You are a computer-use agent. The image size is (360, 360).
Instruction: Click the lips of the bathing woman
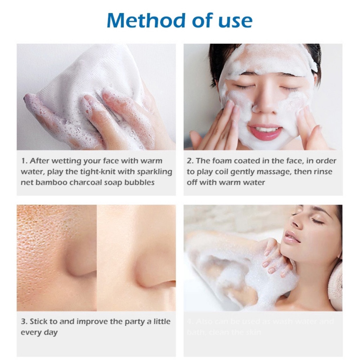coord(292,237)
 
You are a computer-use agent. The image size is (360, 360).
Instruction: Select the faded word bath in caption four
coord(194,332)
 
